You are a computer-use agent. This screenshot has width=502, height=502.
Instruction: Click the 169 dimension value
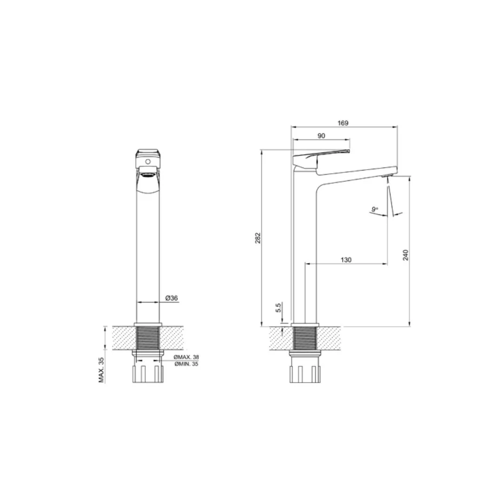coord(343,123)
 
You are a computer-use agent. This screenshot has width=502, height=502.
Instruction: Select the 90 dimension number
coord(321,136)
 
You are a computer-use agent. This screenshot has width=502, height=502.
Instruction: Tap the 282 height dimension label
coord(258,238)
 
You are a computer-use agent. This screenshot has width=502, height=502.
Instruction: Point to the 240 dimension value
coord(406,255)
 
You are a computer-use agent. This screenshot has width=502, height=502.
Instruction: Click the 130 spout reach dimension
coord(346,260)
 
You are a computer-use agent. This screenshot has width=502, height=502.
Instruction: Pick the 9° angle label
coord(375,210)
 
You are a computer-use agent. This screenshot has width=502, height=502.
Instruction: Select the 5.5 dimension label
coord(278,308)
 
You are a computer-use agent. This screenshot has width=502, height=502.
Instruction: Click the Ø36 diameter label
coord(172,298)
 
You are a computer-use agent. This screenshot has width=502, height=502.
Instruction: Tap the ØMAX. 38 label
coord(186,357)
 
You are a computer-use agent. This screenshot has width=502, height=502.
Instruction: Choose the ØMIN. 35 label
coord(186,364)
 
